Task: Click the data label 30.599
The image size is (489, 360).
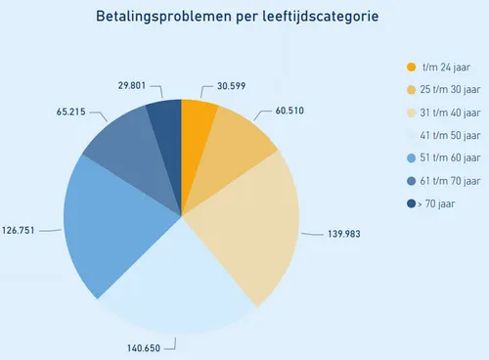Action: pos(232,86)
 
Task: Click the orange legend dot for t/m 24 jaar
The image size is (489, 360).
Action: pos(411,67)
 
